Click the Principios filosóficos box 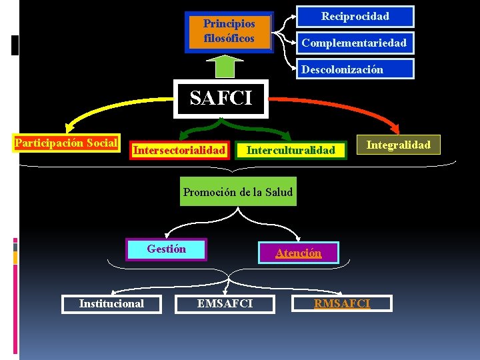point(229,31)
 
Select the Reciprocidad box point(355,16)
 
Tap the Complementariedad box point(354,43)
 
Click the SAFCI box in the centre point(221,99)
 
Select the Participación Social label point(66,143)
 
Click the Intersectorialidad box point(179,150)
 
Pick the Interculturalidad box point(291,150)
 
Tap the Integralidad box point(399,144)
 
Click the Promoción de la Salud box point(238,192)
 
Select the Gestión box point(167,249)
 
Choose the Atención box point(299,253)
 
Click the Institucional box point(111,303)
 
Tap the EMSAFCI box point(225,303)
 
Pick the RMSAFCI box point(343,303)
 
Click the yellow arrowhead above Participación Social point(69,129)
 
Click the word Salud point(279,192)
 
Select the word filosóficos point(229,38)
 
